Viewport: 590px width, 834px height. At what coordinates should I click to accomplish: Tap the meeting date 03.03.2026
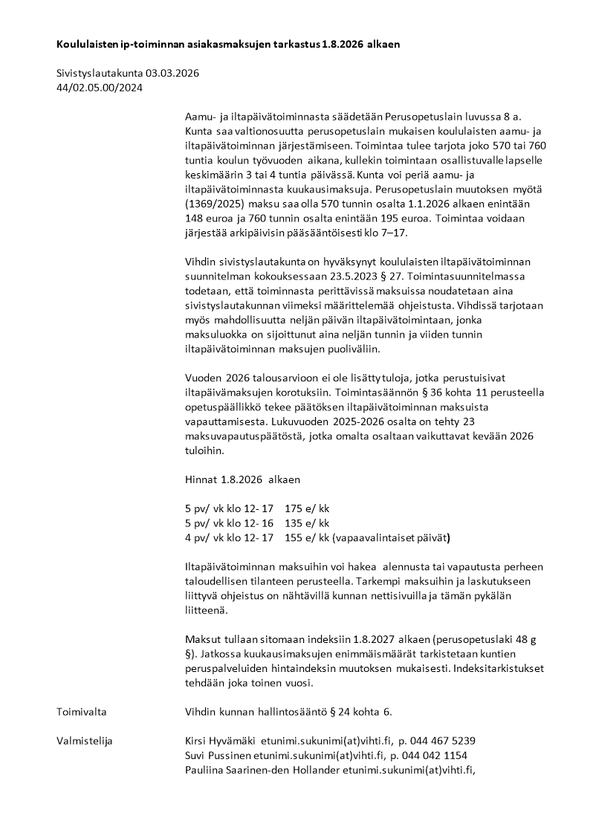[x=173, y=74]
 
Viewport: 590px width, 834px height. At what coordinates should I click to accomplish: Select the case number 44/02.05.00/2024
[x=100, y=88]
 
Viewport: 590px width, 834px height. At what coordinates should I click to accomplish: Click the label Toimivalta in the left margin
[x=82, y=712]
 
